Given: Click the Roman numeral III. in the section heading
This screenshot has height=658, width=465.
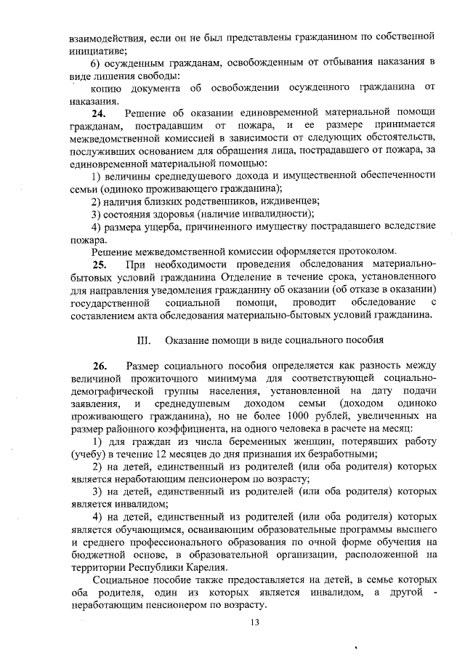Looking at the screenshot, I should pyautogui.click(x=143, y=340).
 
